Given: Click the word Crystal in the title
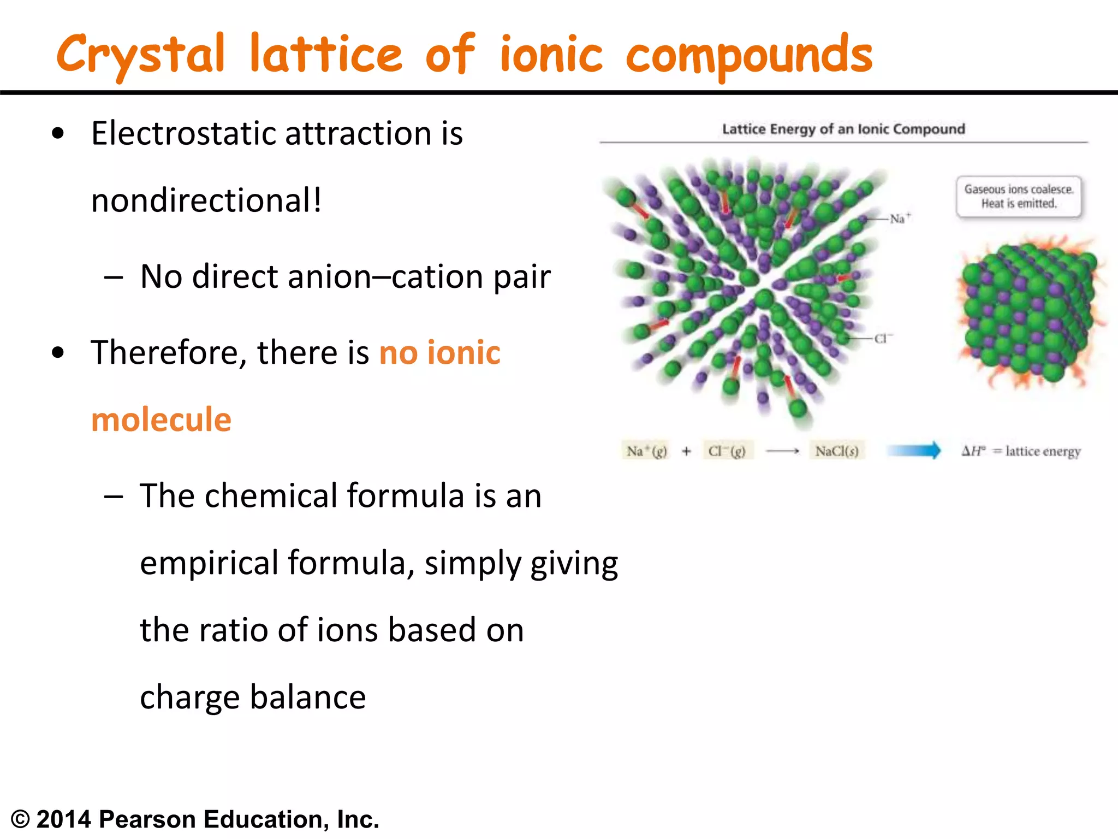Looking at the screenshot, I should pos(141,55).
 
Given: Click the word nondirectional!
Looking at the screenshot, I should pos(206,200).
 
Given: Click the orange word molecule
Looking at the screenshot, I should pos(161,419).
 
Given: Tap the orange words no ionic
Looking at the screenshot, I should pos(439,352).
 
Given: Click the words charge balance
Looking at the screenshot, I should pos(253,698).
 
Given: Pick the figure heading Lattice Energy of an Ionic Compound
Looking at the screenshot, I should pos(843,129).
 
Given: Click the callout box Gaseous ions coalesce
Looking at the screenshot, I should pos(1018,197).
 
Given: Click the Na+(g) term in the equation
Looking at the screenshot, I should pos(646,451).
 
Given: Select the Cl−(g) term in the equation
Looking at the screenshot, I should pos(727,451).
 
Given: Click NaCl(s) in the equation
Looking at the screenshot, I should pos(836,451).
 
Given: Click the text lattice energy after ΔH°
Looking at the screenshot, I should pos(1043,452).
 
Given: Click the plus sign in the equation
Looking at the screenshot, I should pos(686,451).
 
